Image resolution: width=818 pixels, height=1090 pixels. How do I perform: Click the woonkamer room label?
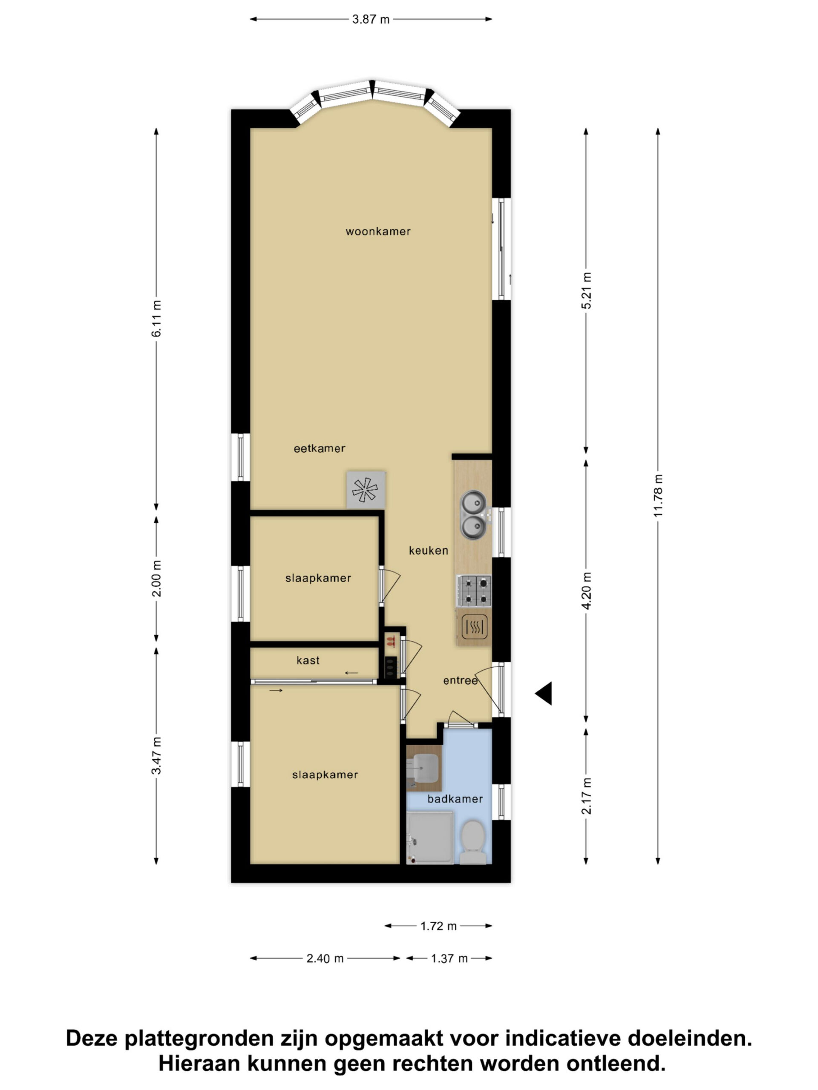coord(378,232)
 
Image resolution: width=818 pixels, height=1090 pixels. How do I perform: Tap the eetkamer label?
coord(319,448)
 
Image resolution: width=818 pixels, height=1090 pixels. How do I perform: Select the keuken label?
coord(428,551)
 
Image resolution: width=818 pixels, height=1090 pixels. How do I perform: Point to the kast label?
coord(308,660)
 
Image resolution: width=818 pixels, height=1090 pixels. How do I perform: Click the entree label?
coord(460,680)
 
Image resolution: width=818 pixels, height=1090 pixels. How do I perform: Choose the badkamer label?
coord(455,799)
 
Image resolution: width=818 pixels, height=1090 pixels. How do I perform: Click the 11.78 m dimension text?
coord(658,496)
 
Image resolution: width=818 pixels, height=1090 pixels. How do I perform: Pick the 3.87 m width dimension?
coord(370,19)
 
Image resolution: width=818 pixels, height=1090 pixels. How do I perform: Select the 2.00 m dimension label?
coord(156,579)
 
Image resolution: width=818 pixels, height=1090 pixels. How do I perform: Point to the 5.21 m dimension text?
coord(586,291)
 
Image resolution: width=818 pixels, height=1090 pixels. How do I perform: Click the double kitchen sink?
coord(474,515)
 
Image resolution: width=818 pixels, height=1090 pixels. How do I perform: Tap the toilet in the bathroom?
coord(472,842)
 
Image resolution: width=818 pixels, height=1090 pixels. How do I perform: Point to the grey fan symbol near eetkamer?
coord(366,490)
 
